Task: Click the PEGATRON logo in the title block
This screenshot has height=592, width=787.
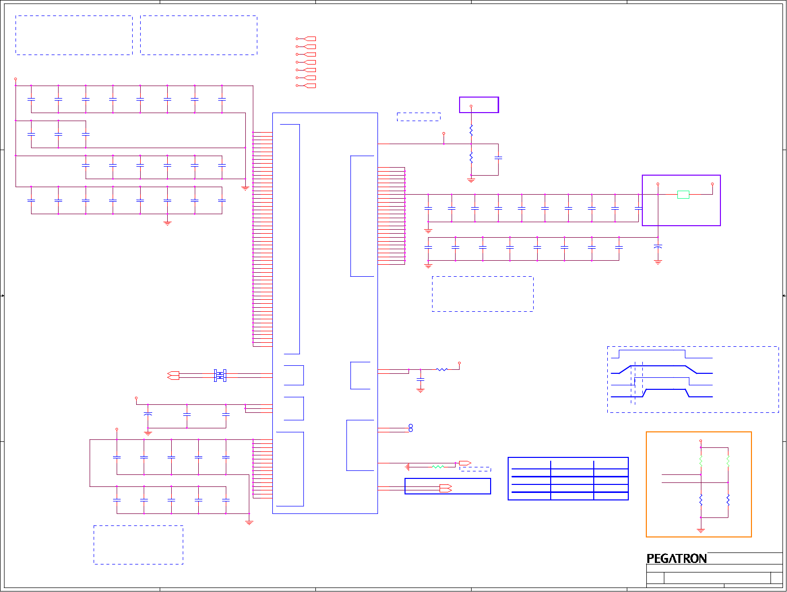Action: (676, 558)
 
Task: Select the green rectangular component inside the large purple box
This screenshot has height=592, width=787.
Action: (683, 195)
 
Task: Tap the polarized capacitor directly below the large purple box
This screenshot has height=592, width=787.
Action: (658, 247)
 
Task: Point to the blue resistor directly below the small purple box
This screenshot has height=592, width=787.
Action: (471, 131)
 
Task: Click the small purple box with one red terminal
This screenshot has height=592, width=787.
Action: (479, 105)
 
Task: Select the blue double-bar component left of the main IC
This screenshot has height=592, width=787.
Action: (220, 375)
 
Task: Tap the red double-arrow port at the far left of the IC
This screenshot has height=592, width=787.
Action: (173, 375)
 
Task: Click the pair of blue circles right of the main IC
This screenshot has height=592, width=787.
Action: (411, 428)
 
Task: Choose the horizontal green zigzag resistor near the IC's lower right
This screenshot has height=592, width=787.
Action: (438, 466)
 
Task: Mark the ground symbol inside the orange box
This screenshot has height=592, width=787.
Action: (701, 530)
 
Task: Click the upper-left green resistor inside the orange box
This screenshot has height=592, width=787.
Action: (701, 461)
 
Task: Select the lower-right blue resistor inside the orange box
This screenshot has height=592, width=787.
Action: (728, 499)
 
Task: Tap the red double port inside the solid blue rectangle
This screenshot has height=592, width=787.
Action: (446, 488)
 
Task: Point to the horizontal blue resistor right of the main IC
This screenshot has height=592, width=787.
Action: (442, 369)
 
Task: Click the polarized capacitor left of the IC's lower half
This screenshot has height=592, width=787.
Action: (148, 415)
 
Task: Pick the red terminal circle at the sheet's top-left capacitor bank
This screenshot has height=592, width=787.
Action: (16, 79)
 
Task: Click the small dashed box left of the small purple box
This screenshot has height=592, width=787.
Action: (419, 117)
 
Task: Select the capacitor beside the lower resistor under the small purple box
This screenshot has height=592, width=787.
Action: (498, 158)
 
